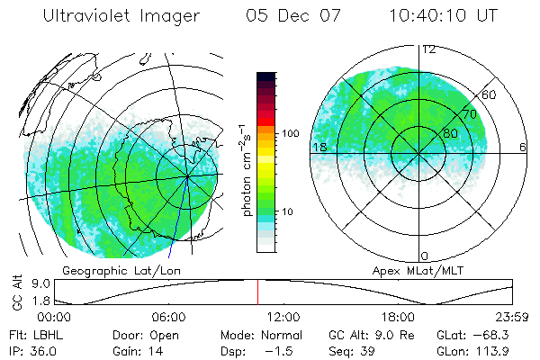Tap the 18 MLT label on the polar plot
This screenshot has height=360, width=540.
[x=319, y=147]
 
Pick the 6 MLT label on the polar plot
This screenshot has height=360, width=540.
[x=522, y=147]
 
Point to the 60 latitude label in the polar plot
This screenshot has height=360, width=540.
[x=490, y=94]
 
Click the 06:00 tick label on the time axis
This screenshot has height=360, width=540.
[x=169, y=318]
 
